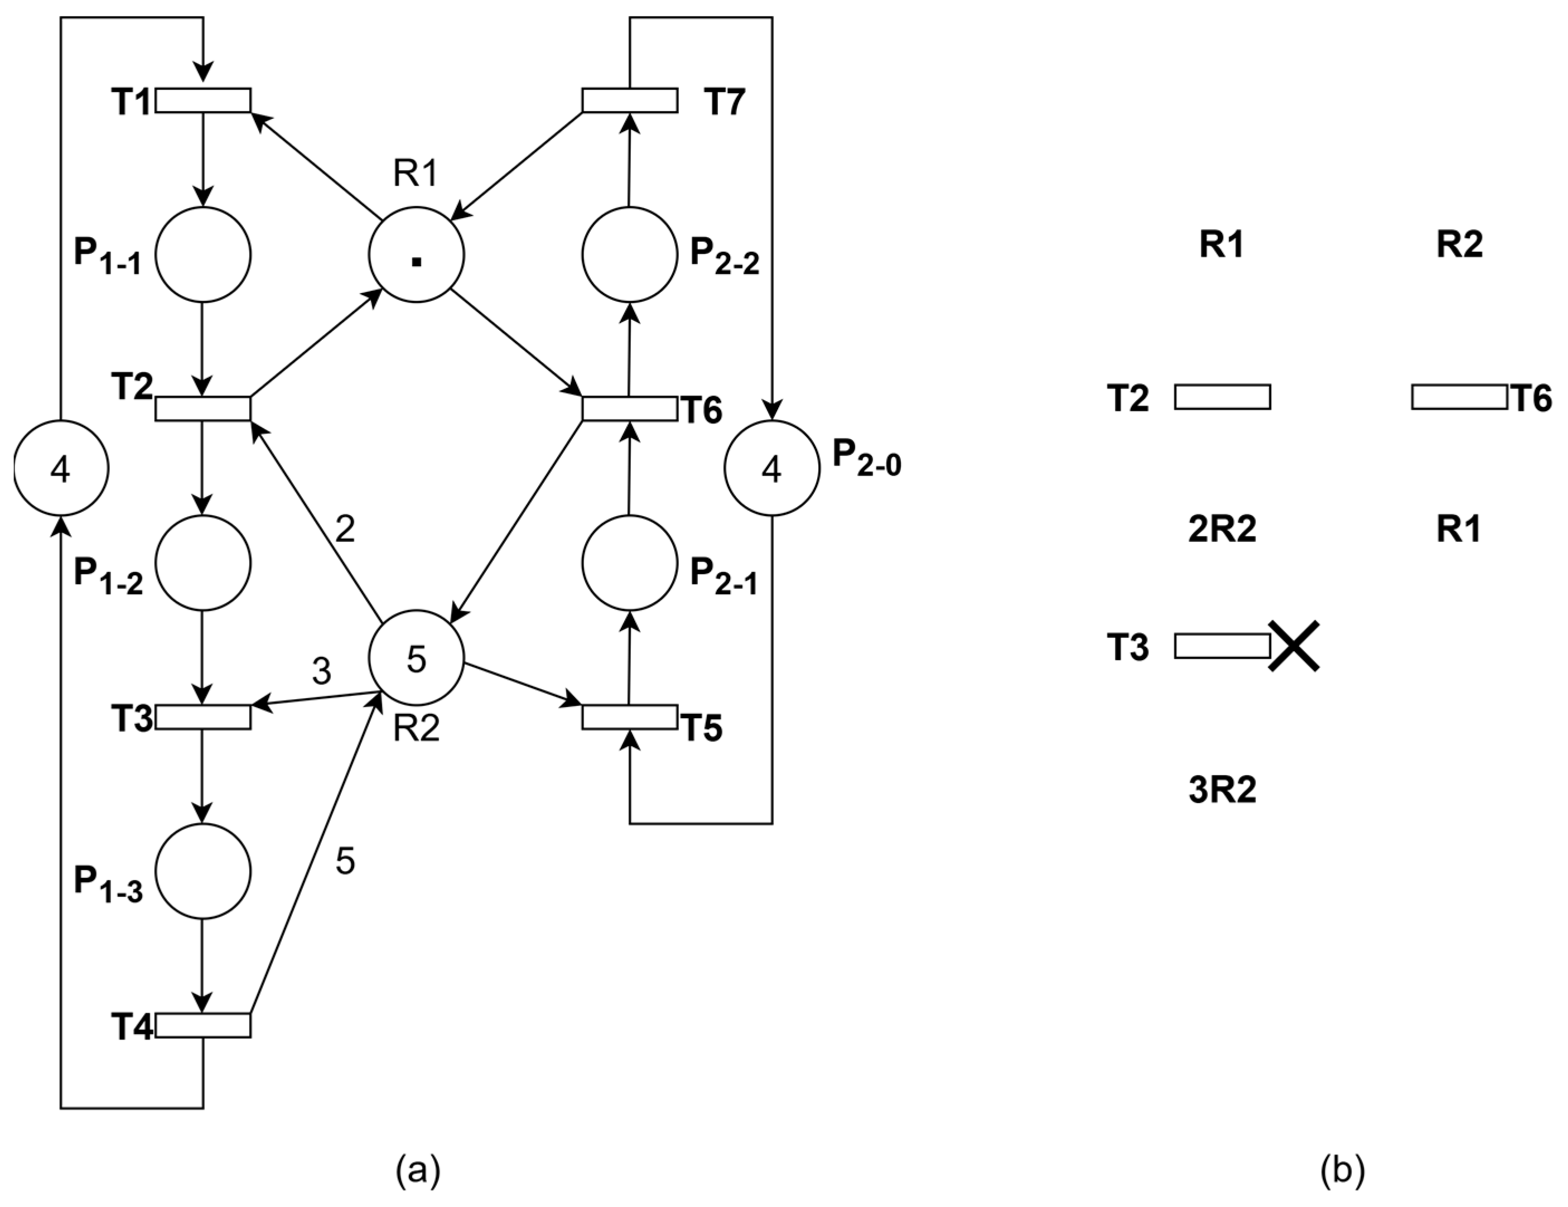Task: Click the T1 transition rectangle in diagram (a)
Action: [203, 100]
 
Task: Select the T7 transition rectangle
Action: [630, 100]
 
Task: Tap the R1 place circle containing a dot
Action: [417, 255]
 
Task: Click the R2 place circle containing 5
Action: [417, 658]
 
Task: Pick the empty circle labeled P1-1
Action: [203, 255]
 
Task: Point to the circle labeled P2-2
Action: [630, 255]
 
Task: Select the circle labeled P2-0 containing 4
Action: [772, 468]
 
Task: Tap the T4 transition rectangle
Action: [203, 1025]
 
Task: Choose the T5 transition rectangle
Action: [630, 717]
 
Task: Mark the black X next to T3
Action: [1293, 646]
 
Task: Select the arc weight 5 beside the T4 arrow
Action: [345, 861]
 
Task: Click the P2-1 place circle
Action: [630, 563]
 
